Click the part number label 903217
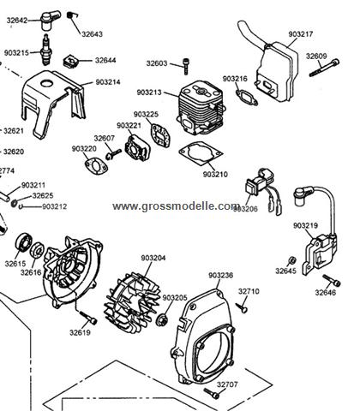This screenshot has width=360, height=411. click(301, 34)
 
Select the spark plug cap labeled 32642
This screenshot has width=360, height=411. click(50, 20)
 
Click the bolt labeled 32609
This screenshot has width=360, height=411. click(324, 68)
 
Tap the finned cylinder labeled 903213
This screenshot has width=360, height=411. click(201, 108)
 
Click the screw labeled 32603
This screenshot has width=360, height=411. click(186, 66)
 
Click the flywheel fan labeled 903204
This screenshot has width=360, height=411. click(132, 303)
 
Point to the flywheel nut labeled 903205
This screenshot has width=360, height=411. click(162, 319)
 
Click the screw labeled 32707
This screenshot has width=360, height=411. click(212, 394)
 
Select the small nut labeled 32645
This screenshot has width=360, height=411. click(291, 260)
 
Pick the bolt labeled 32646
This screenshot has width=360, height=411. click(332, 280)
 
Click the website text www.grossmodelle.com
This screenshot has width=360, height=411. click(177, 206)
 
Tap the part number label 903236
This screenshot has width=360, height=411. click(221, 276)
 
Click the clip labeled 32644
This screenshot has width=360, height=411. click(70, 62)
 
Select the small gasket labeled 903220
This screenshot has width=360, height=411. click(96, 167)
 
